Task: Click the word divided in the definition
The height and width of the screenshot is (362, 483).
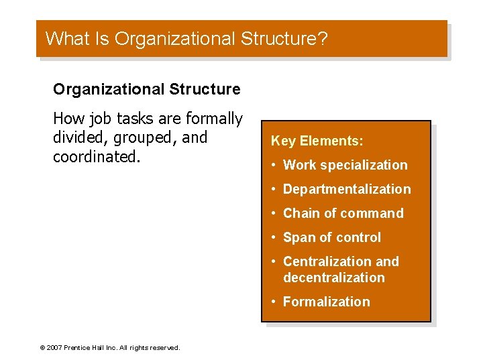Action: click(80, 137)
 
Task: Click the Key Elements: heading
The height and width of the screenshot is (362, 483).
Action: click(317, 141)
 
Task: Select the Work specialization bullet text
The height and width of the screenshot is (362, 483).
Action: click(345, 165)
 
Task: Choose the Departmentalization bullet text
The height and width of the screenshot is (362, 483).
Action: click(347, 189)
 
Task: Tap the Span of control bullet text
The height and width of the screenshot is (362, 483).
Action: click(331, 237)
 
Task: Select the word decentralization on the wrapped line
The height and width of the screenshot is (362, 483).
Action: click(334, 278)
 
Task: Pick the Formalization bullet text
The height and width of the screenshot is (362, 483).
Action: click(326, 302)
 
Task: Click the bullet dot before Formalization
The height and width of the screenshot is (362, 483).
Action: click(274, 302)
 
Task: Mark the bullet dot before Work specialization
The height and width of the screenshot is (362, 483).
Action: click(274, 165)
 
